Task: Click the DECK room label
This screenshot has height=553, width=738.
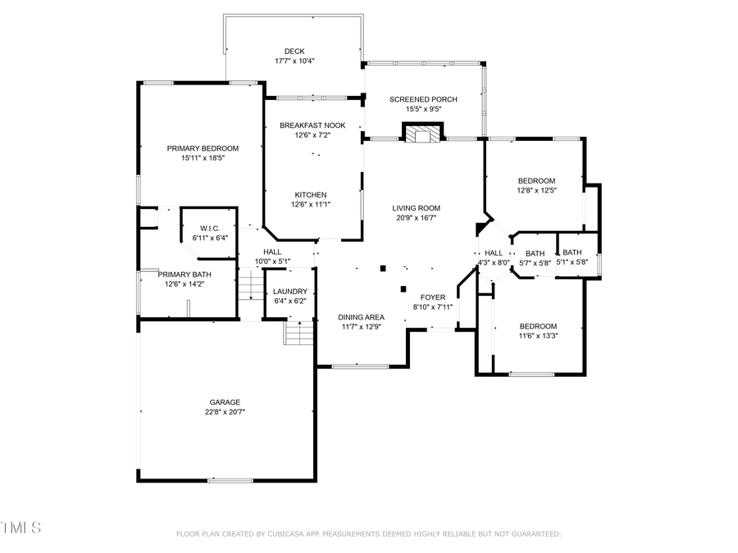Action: click(294, 51)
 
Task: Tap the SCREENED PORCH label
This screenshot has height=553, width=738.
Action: click(423, 99)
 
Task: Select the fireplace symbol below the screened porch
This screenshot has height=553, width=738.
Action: click(422, 134)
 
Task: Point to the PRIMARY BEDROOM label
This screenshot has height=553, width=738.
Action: click(203, 148)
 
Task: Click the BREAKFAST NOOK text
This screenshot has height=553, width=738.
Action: click(312, 125)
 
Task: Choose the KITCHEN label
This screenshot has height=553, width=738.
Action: click(312, 194)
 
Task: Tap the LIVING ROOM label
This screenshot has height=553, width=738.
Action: click(416, 208)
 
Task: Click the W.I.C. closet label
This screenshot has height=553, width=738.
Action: click(210, 228)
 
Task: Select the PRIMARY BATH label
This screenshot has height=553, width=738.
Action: click(184, 274)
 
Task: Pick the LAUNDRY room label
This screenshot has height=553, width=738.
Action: click(290, 291)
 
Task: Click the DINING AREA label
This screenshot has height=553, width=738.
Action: click(362, 317)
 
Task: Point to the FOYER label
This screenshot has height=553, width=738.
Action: click(433, 297)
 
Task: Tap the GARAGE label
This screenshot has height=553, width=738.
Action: click(225, 402)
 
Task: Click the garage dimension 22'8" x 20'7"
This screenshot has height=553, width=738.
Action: click(225, 412)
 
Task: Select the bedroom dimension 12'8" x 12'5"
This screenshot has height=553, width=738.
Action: click(536, 190)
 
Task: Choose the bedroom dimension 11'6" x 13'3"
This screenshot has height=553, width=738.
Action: click(537, 335)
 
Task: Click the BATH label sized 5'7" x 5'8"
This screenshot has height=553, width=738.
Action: click(535, 253)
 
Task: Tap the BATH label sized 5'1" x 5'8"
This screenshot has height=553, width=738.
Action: click(572, 252)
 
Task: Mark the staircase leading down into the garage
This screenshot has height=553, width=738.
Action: click(298, 333)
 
